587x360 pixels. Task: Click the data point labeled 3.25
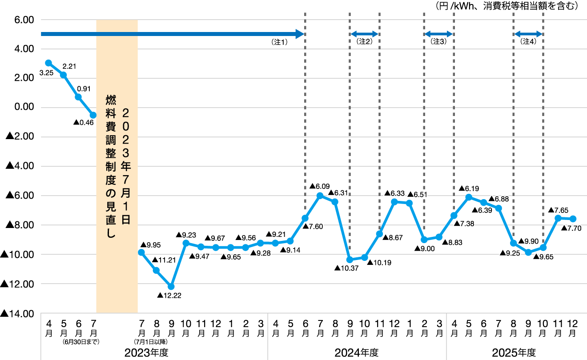[x=48, y=63]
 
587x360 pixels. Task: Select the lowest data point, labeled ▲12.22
[x=171, y=286]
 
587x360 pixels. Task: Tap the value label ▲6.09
[x=319, y=186]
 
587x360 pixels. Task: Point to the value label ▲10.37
[x=346, y=268]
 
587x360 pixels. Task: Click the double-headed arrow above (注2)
[x=365, y=34]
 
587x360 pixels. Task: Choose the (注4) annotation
[x=528, y=42]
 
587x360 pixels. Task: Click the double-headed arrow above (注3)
[x=439, y=34]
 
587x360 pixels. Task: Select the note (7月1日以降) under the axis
[x=151, y=342]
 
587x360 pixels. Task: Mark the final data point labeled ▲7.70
[x=573, y=219]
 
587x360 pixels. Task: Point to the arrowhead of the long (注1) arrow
[x=300, y=34]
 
